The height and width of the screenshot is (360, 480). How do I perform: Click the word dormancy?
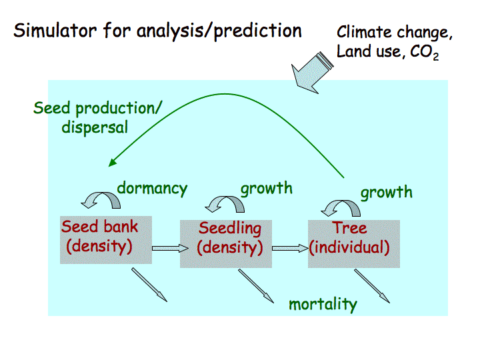coord(152,188)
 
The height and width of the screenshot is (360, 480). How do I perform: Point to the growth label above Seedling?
coord(266,188)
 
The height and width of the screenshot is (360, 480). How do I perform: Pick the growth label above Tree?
coord(386,193)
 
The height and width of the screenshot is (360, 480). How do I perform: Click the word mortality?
coord(323,305)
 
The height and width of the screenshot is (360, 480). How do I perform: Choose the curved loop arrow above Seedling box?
coord(224,201)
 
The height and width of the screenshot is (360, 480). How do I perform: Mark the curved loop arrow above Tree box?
coord(337,205)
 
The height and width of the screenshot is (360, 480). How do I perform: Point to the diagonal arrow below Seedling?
coord(256,285)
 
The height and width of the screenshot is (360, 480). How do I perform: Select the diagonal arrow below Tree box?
coord(372,285)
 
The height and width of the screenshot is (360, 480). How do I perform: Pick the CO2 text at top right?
coord(425,53)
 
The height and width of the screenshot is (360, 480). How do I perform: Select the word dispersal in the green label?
coord(95,127)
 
